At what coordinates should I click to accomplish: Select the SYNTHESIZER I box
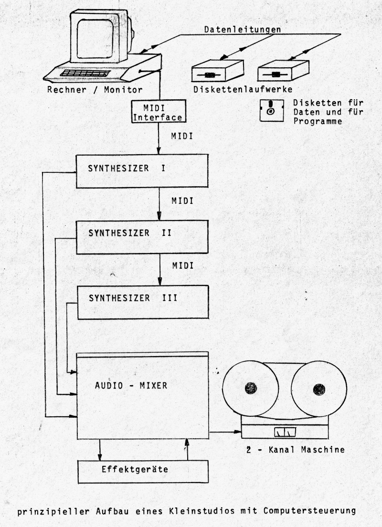pos(143,170)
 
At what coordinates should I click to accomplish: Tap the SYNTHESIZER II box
pos(143,237)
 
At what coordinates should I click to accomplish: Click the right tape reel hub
pos(318,390)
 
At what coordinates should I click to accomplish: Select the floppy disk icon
pos(270,111)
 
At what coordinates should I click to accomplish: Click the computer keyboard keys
pos(86,73)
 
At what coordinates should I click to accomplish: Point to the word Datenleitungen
pos(242,30)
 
